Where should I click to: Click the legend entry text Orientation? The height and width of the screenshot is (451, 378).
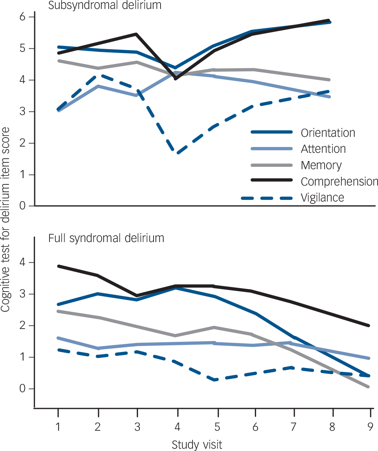[328, 133]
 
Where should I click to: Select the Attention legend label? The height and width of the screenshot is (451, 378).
[323, 149]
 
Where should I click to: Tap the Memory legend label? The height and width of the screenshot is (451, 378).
[321, 165]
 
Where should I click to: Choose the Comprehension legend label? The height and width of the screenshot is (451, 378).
[339, 181]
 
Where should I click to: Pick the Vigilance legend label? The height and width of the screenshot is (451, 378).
[322, 198]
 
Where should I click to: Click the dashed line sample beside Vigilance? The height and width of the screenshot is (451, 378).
[267, 198]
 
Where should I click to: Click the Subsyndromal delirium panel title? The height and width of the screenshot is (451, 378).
[105, 5]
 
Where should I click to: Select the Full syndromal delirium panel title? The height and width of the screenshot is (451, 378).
[106, 238]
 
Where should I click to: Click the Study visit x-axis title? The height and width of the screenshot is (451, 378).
[197, 444]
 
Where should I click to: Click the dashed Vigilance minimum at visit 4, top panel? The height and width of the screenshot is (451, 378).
[178, 153]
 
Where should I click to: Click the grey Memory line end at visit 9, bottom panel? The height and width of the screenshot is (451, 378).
[368, 387]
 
